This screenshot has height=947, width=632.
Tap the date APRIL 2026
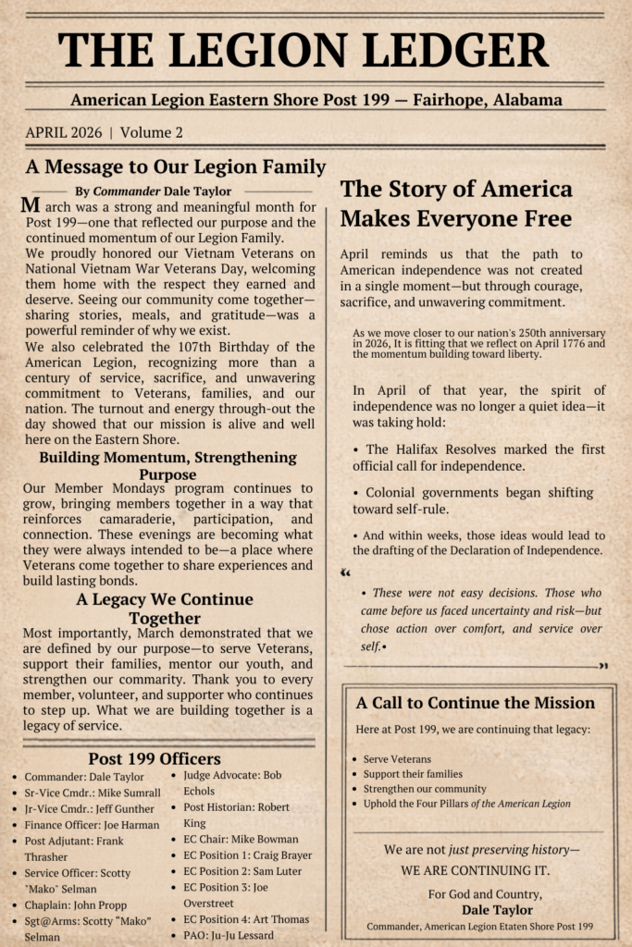[63, 132]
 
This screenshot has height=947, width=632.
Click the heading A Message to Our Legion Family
[176, 167]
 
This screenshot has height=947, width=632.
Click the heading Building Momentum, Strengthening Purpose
[167, 465]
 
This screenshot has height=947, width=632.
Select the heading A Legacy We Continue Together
[165, 609]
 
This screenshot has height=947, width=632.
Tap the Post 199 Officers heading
[155, 758]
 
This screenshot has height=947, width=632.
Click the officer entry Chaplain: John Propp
[75, 904]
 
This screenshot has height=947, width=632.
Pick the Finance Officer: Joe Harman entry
[92, 825]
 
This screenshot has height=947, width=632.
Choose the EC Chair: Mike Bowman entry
[241, 840]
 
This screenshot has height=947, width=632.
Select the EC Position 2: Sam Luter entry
[242, 871]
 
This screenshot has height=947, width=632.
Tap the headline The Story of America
[456, 190]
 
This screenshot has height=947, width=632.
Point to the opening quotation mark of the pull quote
[346, 572]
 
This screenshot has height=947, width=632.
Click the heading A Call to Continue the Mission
[476, 703]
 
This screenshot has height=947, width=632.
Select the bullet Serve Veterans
[397, 759]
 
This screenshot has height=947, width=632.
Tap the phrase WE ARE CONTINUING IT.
[475, 870]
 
